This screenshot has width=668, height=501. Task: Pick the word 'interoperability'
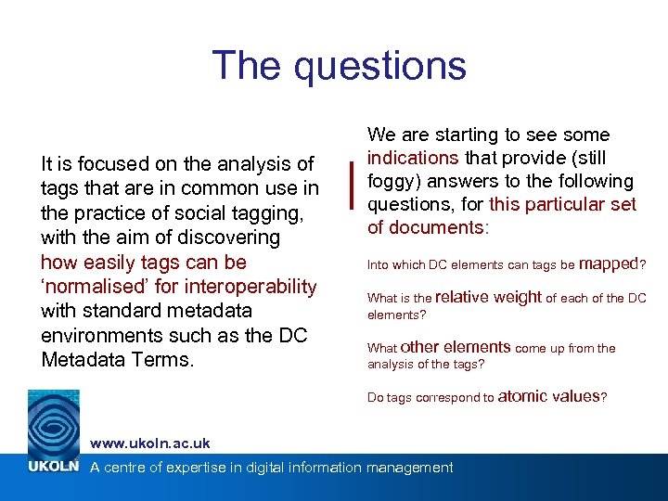pyautogui.click(x=252, y=286)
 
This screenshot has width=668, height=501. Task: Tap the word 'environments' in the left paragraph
pyautogui.click(x=97, y=335)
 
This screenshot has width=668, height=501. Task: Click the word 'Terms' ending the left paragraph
pyautogui.click(x=163, y=359)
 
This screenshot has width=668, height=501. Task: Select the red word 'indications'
pyautogui.click(x=413, y=158)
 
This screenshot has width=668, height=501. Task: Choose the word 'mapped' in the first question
pyautogui.click(x=608, y=263)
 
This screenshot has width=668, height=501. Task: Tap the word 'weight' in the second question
pyautogui.click(x=517, y=297)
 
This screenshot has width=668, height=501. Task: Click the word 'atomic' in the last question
pyautogui.click(x=523, y=396)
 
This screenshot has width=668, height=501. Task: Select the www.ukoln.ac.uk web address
pyautogui.click(x=150, y=443)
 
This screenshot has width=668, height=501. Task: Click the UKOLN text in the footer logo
pyautogui.click(x=54, y=467)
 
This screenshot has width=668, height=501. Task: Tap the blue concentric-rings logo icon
pyautogui.click(x=54, y=422)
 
